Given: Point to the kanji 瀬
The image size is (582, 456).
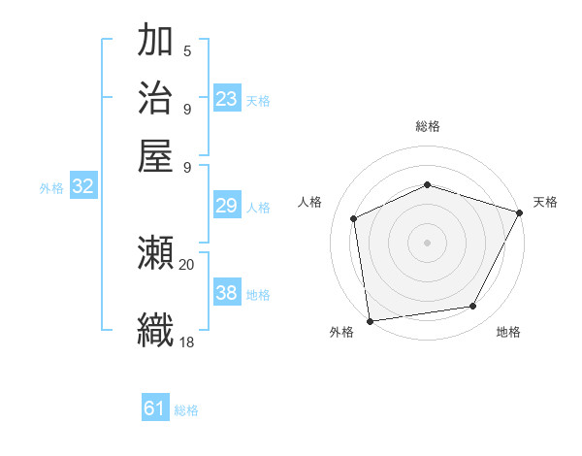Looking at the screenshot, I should [x=155, y=254].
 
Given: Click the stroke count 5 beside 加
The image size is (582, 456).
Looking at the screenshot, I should [x=186, y=49].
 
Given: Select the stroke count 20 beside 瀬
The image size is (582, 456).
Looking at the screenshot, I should [x=186, y=263].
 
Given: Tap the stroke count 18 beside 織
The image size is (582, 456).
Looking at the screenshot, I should [x=186, y=341].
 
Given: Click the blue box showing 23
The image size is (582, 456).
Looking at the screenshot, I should [x=227, y=98].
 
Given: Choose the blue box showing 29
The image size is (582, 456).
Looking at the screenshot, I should [x=227, y=205].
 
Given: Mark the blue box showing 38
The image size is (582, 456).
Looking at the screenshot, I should [x=227, y=292].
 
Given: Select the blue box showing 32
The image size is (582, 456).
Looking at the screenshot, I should [x=82, y=187].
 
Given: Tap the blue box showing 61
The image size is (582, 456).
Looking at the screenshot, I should [x=155, y=408].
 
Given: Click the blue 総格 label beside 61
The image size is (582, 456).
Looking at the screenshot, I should [x=186, y=410].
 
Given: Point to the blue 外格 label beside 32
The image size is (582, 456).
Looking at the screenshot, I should [x=51, y=188].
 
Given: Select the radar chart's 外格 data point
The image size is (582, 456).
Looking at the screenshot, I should [x=370, y=320].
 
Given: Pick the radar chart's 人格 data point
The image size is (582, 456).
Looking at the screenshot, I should [x=354, y=218].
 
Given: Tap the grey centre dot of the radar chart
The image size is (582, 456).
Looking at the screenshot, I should [x=427, y=242].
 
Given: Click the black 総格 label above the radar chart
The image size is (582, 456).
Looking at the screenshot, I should [x=427, y=126].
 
